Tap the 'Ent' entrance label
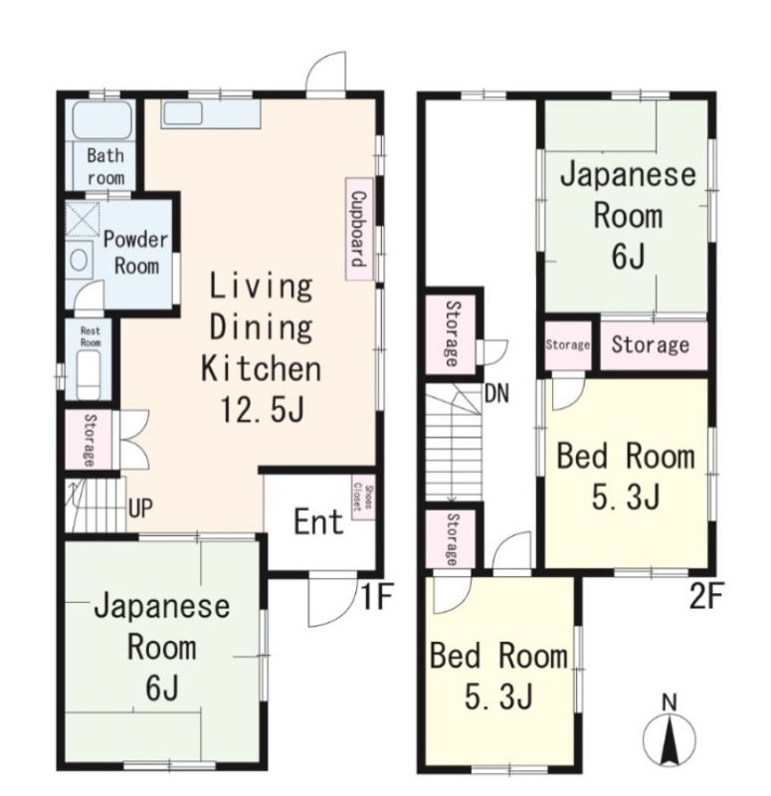(x=318, y=522)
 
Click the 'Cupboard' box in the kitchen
(x=355, y=227)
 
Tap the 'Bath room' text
(x=105, y=166)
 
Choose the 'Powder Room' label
(x=136, y=253)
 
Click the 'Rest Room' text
(x=91, y=334)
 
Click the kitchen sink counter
(x=211, y=113)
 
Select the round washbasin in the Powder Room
(x=79, y=262)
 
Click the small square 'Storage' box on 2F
(x=568, y=345)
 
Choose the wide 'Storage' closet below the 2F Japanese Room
(x=651, y=345)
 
